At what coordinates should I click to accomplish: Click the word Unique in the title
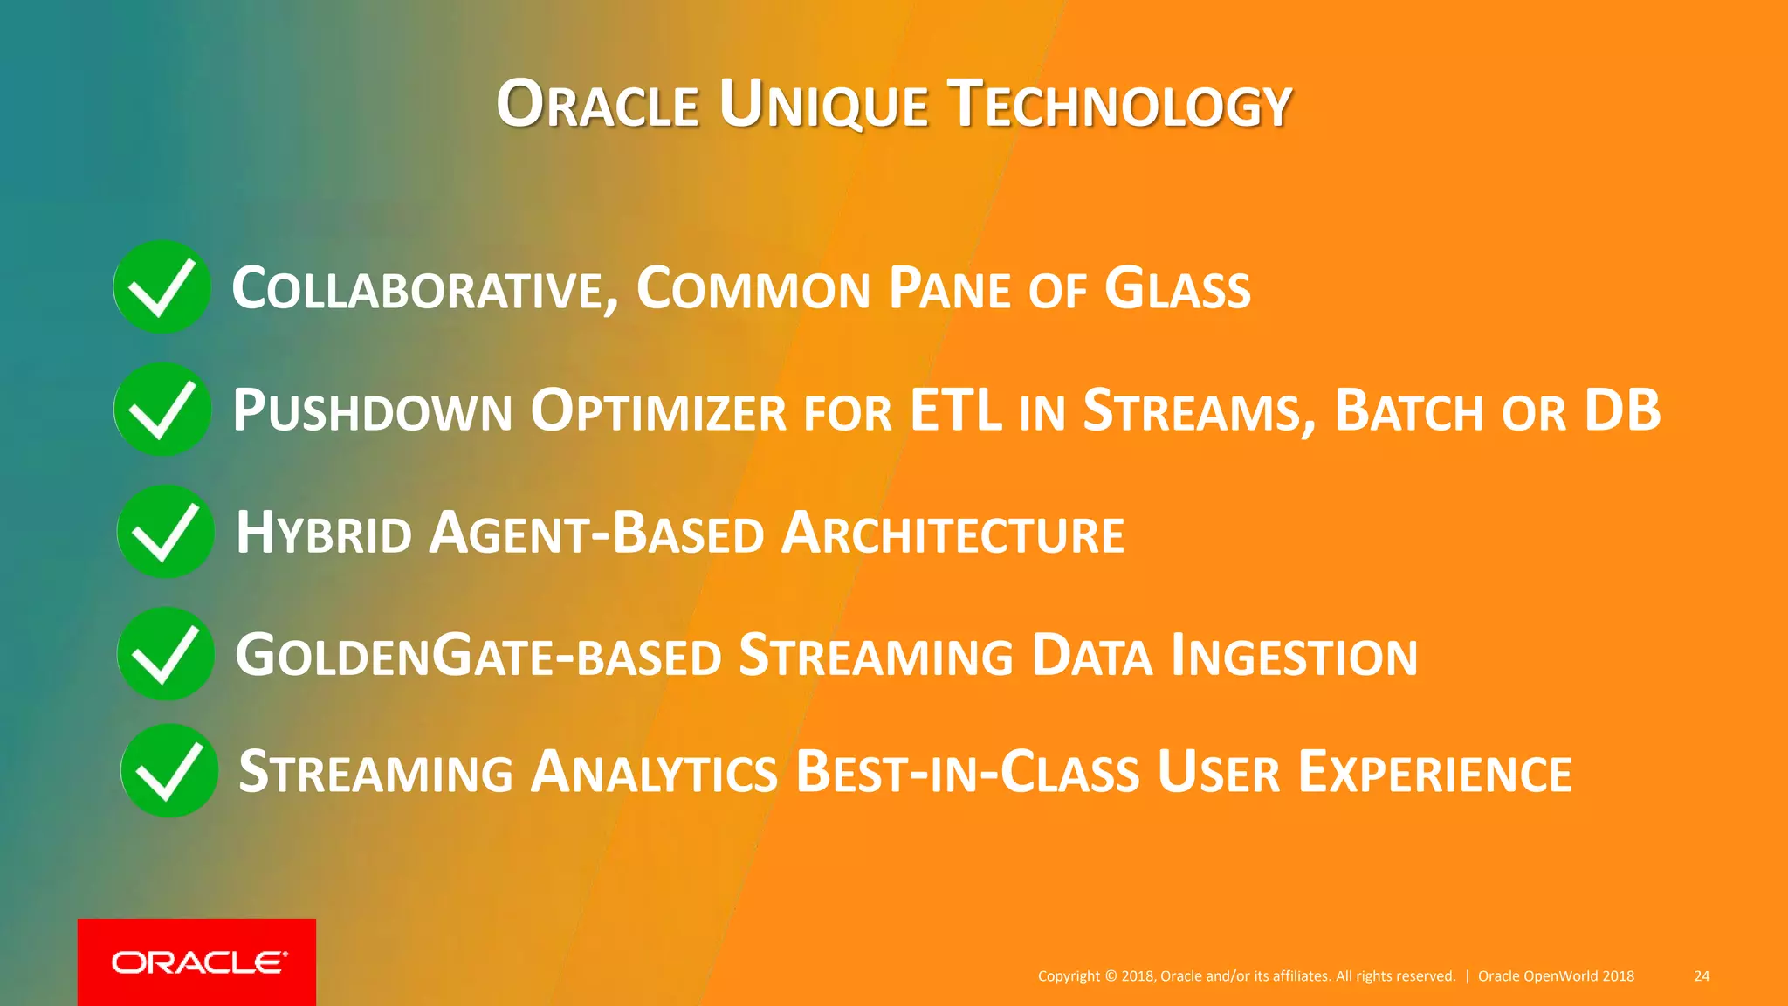pyautogui.click(x=823, y=105)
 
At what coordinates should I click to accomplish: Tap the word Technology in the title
pyautogui.click(x=1120, y=105)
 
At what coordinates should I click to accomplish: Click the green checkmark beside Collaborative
pyautogui.click(x=162, y=287)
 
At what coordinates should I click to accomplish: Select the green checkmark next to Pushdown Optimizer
pyautogui.click(x=162, y=410)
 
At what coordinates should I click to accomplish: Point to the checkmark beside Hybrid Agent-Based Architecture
pyautogui.click(x=166, y=532)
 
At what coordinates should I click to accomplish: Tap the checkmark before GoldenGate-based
pyautogui.click(x=166, y=654)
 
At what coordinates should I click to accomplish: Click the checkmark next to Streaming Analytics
pyautogui.click(x=169, y=771)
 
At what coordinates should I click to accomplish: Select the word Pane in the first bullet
pyautogui.click(x=949, y=289)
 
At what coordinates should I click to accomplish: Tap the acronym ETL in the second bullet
pyautogui.click(x=955, y=410)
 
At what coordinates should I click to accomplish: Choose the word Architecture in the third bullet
pyautogui.click(x=952, y=534)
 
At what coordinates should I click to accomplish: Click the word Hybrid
pyautogui.click(x=324, y=534)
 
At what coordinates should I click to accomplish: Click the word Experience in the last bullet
pyautogui.click(x=1435, y=773)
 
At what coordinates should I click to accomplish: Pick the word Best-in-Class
pyautogui.click(x=967, y=773)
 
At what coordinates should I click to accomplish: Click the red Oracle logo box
pyautogui.click(x=197, y=961)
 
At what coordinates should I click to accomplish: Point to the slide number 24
pyautogui.click(x=1702, y=976)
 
